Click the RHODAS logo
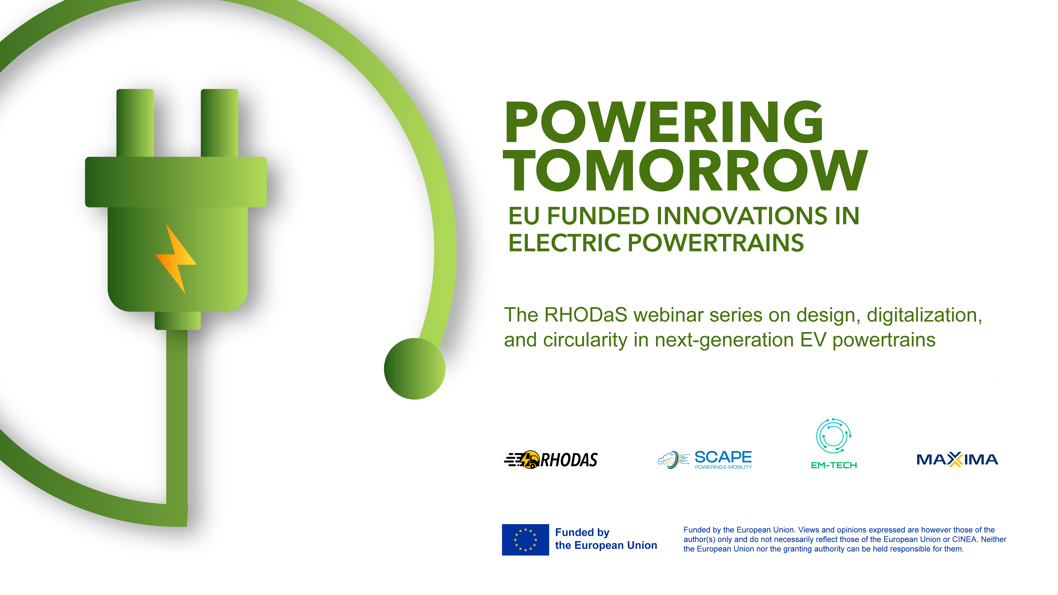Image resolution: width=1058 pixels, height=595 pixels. tap(551, 459)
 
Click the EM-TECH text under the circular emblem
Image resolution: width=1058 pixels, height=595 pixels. tap(834, 465)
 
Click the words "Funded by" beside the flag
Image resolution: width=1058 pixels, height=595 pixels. tap(582, 533)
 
